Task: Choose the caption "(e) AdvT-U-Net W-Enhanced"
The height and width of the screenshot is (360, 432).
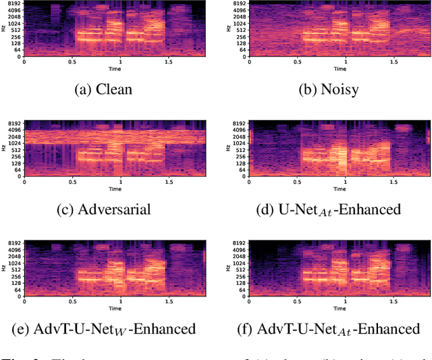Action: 104,329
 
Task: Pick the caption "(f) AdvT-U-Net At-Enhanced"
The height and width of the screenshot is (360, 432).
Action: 329,329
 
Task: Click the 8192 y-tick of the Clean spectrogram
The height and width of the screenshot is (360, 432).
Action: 14,4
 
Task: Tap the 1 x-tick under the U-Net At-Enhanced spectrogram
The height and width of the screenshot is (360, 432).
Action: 346,182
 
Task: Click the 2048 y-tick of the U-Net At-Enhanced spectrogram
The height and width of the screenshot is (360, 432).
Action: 240,136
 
